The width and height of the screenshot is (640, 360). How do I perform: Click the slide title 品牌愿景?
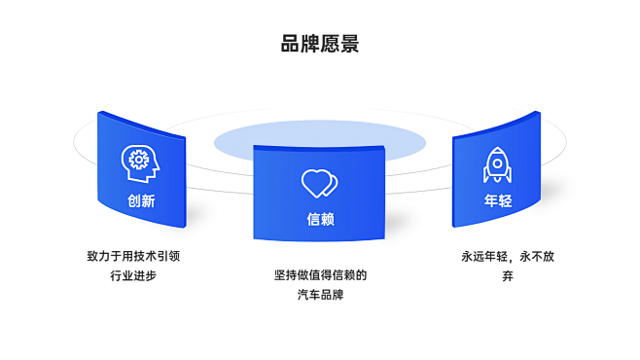coord(320,44)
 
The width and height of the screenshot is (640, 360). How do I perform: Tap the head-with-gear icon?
coord(139,162)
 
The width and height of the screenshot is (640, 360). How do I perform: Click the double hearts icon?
coord(319,182)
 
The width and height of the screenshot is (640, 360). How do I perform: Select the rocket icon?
coord(497,164)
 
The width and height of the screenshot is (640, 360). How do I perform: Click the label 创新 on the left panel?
coord(141,201)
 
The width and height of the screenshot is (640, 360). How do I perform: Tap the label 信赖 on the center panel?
coord(320,220)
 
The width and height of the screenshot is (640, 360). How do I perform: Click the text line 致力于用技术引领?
coord(133,257)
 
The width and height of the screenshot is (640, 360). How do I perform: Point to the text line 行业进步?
coord(133,275)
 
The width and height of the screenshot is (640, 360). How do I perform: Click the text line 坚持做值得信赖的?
coord(320,275)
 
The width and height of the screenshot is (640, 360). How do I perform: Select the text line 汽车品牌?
coord(320,295)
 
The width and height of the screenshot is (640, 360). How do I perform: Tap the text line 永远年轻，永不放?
coord(508,257)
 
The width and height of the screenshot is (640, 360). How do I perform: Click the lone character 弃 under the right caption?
coord(508,276)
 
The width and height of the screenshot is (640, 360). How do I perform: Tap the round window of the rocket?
coord(497,160)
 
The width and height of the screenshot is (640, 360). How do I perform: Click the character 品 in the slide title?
coord(290,44)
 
